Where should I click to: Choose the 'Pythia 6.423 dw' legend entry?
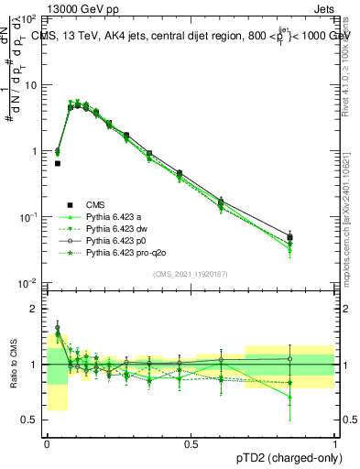tap(116, 228)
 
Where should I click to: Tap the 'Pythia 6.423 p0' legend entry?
tap(115, 240)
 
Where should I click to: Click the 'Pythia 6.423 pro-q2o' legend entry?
tap(125, 252)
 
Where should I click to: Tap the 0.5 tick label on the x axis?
tap(191, 442)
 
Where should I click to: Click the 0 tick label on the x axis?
tap(47, 442)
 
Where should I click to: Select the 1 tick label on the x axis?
tap(334, 442)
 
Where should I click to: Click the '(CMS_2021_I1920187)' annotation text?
tap(191, 273)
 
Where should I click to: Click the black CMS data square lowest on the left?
tap(58, 163)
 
